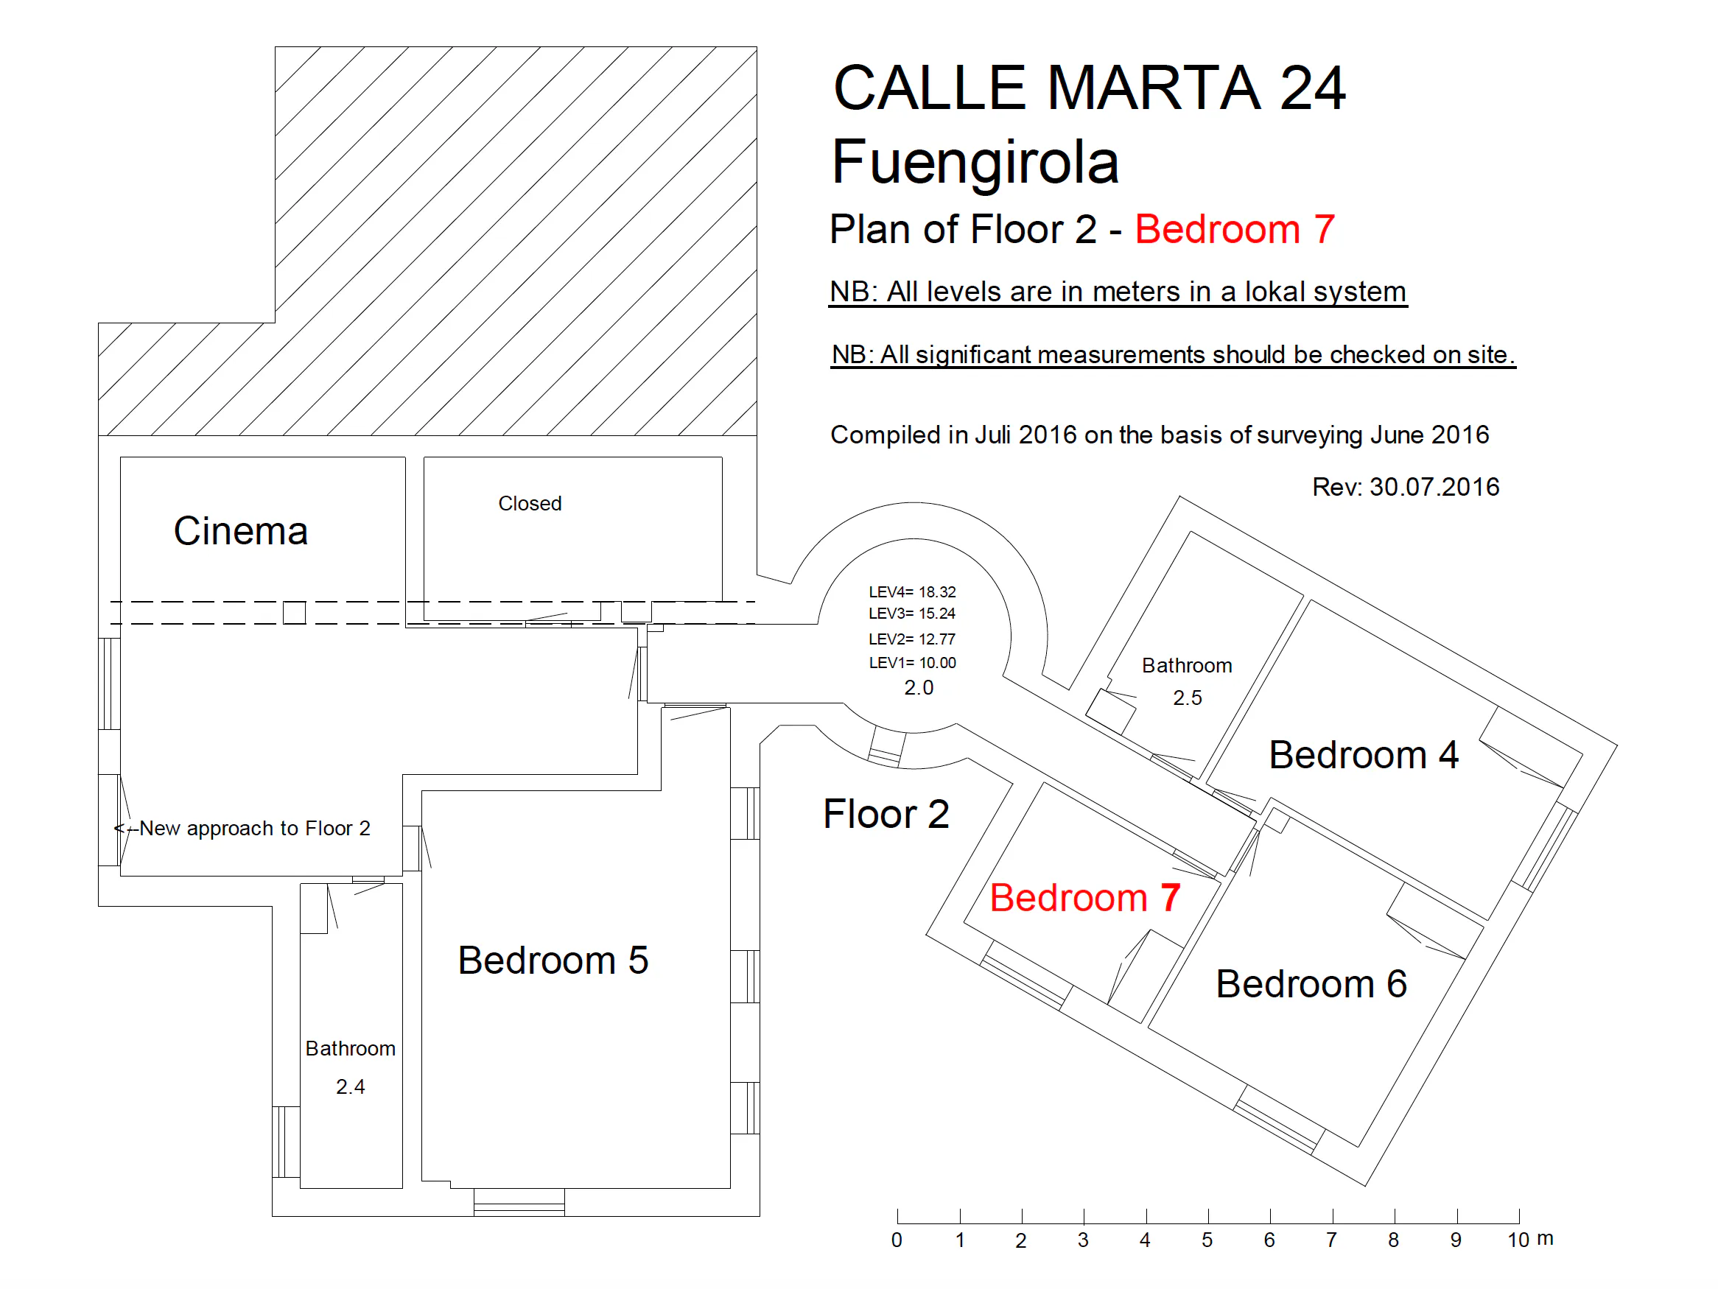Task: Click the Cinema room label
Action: pyautogui.click(x=241, y=531)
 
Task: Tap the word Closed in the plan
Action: pyautogui.click(x=530, y=503)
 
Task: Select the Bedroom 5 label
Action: pyautogui.click(x=553, y=960)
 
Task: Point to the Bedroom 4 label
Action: pyautogui.click(x=1363, y=755)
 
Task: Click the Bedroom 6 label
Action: pyautogui.click(x=1311, y=984)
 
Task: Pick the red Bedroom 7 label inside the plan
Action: pyautogui.click(x=1085, y=898)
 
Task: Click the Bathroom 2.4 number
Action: pyautogui.click(x=350, y=1086)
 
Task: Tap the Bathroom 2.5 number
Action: pyautogui.click(x=1187, y=698)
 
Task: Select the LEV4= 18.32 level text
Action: pyautogui.click(x=912, y=591)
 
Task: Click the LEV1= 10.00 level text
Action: pyautogui.click(x=912, y=662)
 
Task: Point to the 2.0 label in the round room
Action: pyautogui.click(x=918, y=687)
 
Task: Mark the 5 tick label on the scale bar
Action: pyautogui.click(x=1207, y=1240)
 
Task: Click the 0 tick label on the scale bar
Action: pyautogui.click(x=897, y=1240)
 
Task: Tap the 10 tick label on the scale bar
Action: pyautogui.click(x=1518, y=1240)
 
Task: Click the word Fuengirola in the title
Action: pyautogui.click(x=975, y=163)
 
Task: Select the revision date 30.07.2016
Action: pyautogui.click(x=1434, y=487)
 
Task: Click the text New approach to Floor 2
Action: pyautogui.click(x=255, y=829)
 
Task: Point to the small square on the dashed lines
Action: pyautogui.click(x=295, y=613)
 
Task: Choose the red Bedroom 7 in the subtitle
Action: pyautogui.click(x=1235, y=230)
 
